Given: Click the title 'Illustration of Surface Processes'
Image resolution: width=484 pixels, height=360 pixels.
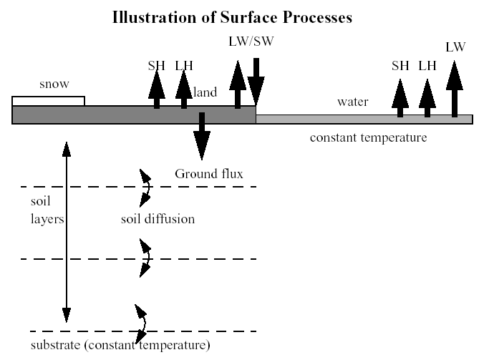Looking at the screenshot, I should point(232,18).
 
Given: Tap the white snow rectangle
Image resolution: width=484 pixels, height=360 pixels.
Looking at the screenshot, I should point(48,101).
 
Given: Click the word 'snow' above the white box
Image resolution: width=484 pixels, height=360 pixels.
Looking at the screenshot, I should point(54,84).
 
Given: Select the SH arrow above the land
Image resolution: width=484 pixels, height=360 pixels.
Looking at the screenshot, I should point(157,91).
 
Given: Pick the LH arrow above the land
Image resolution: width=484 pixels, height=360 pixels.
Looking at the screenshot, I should point(185,91).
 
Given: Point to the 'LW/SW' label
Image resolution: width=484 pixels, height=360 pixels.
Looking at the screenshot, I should point(251,41).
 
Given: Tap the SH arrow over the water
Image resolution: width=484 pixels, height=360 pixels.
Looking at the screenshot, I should point(400,97).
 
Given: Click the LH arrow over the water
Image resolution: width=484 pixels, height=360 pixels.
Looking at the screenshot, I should point(427,97).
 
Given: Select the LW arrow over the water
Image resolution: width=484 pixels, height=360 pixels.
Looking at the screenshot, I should point(455,89).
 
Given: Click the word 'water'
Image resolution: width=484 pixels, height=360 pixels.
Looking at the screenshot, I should point(352,102).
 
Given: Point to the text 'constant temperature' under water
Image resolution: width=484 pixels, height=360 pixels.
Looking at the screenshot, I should point(368,137).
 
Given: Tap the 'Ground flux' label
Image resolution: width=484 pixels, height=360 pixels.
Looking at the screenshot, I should point(209,174).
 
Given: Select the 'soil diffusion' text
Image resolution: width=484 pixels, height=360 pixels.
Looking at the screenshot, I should point(158,218).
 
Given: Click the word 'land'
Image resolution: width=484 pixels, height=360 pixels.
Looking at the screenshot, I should point(206,92).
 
